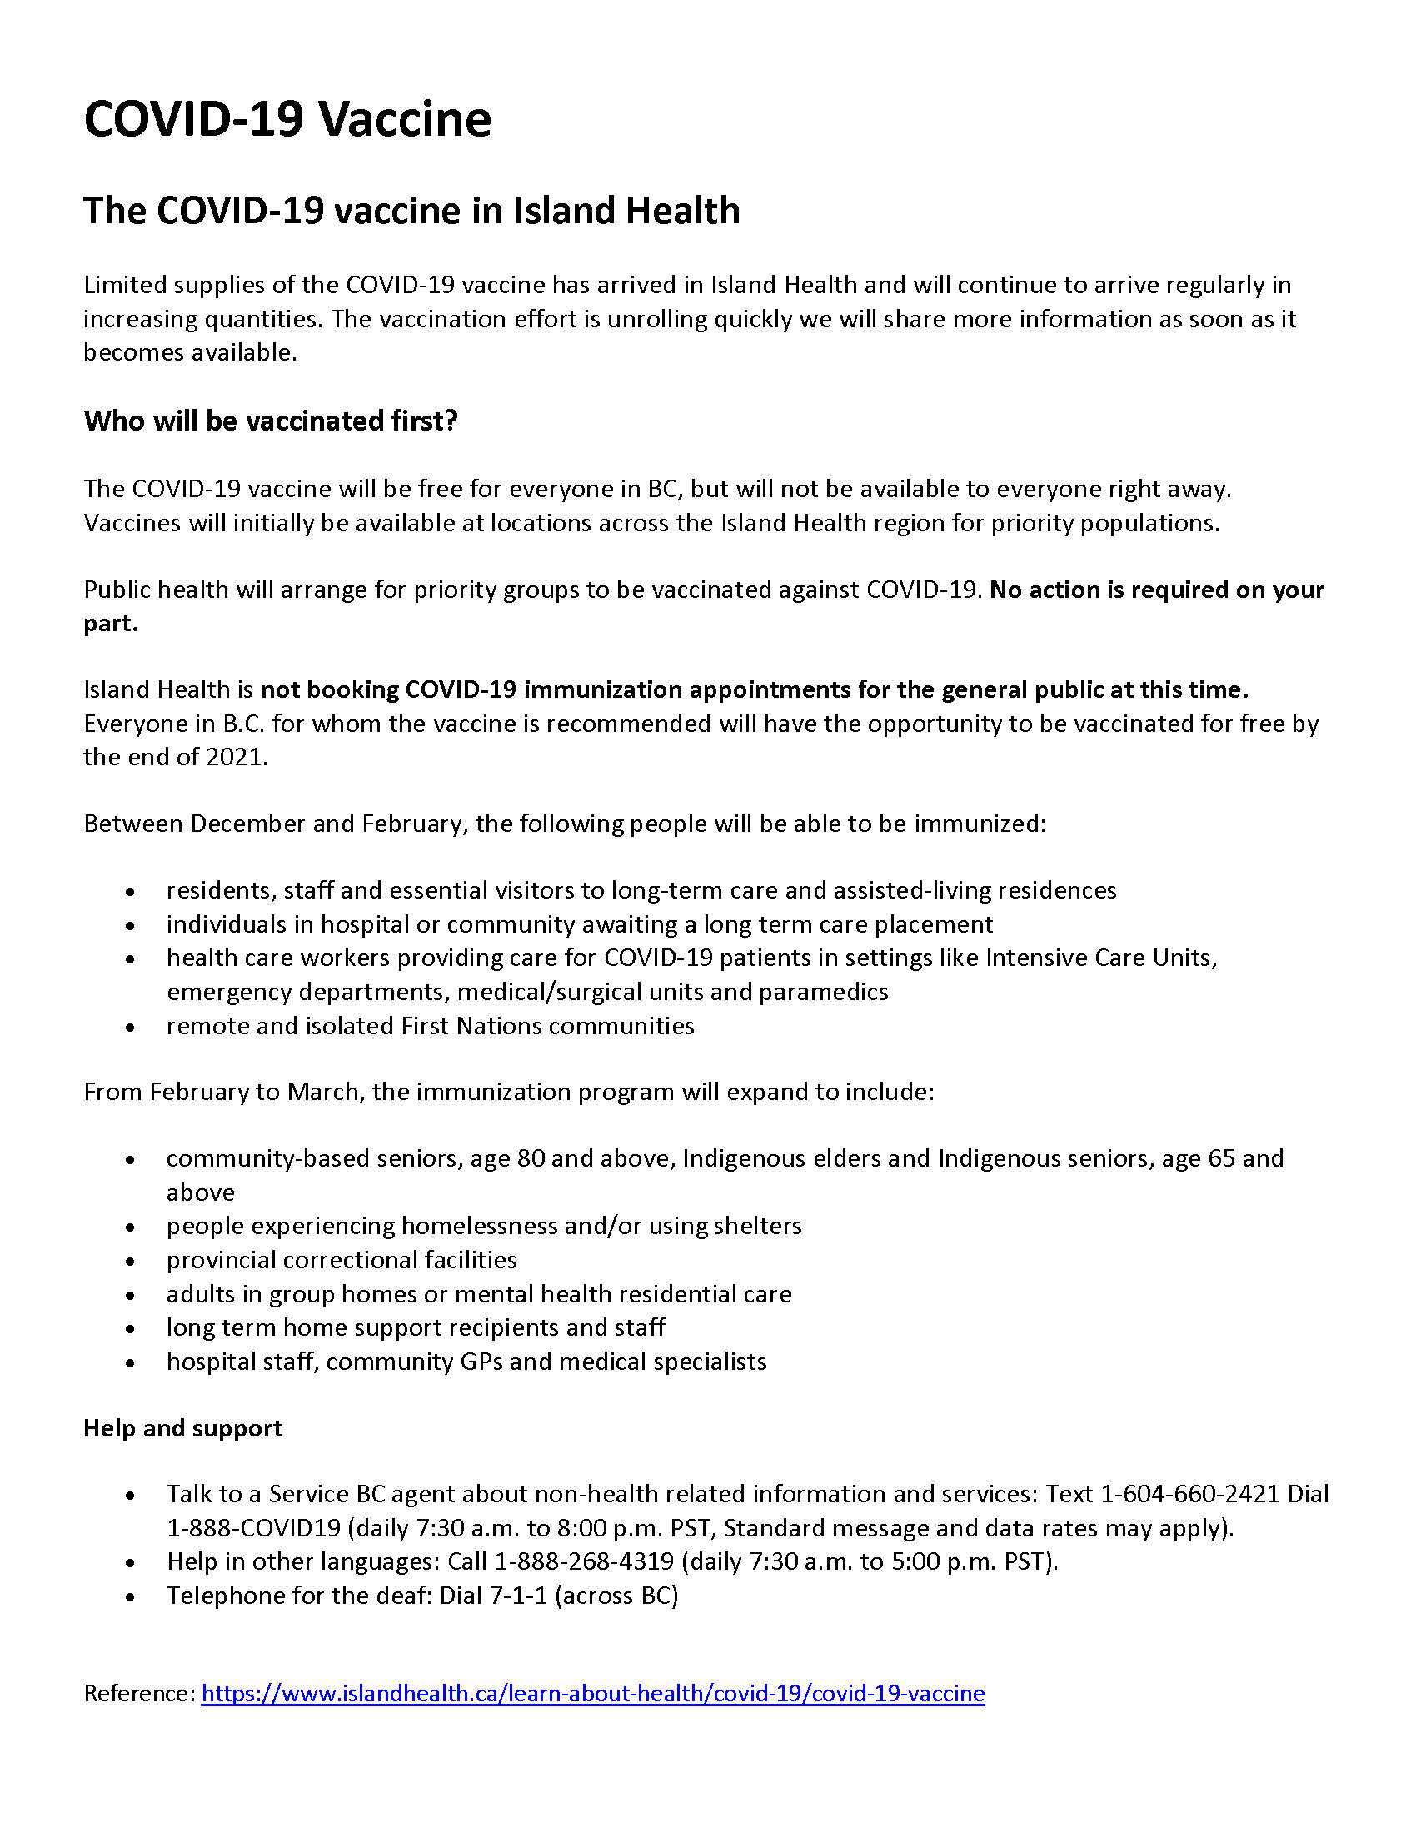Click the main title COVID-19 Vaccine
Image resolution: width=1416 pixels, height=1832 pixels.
[x=287, y=119]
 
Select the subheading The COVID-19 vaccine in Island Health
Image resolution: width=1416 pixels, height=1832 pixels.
[x=411, y=211]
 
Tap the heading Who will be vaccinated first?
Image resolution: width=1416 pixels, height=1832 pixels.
[x=270, y=421]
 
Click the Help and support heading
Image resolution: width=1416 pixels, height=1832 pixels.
[x=183, y=1427]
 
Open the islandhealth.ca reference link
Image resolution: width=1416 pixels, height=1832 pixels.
[x=592, y=1693]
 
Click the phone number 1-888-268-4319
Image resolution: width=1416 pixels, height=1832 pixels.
[x=584, y=1561]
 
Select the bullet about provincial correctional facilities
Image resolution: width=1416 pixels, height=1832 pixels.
[x=342, y=1259]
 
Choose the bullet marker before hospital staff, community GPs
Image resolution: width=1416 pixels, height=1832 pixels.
[x=129, y=1362]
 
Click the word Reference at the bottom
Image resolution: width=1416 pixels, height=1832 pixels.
[x=137, y=1693]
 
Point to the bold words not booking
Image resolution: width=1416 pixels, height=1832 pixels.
[x=330, y=689]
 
